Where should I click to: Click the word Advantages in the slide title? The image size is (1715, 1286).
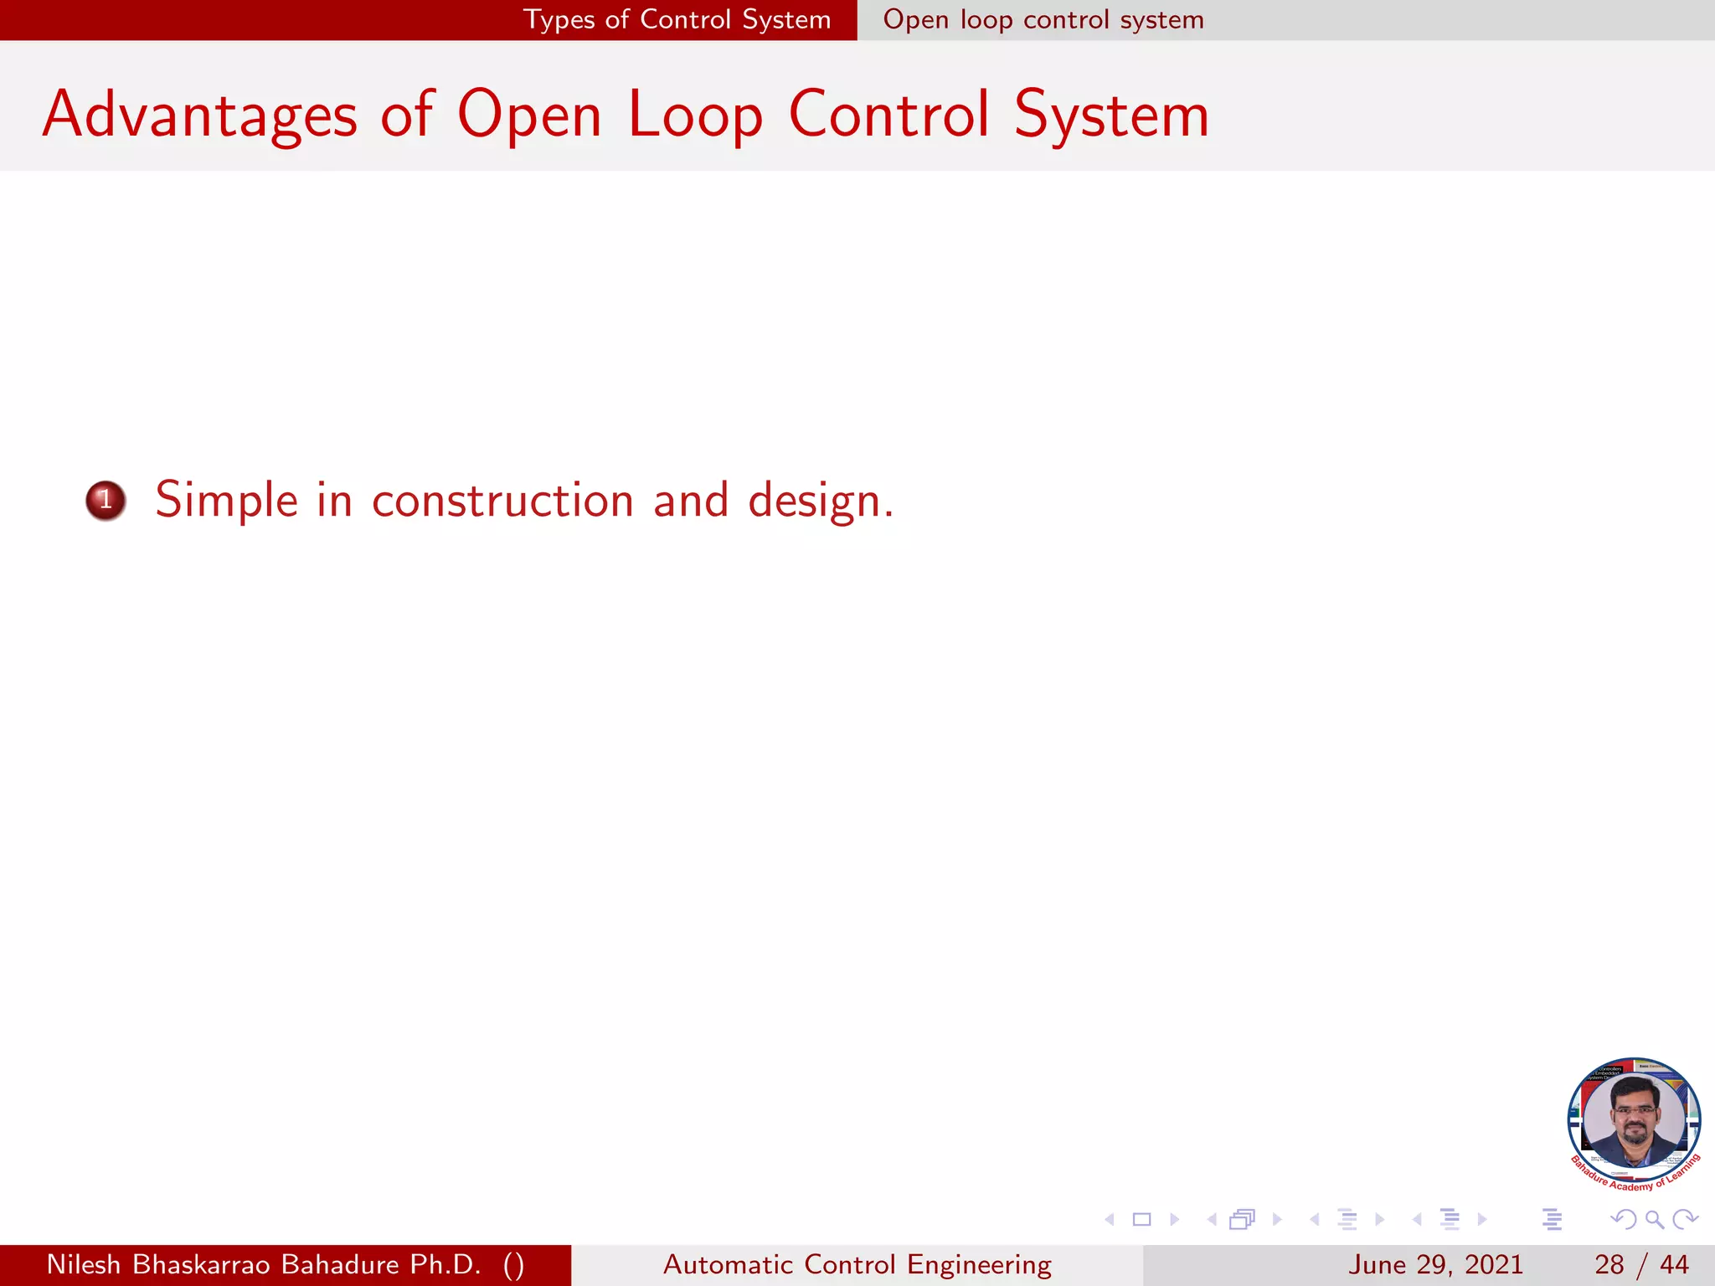point(200,115)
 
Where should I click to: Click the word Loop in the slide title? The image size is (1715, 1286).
point(695,115)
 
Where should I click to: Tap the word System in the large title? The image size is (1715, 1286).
point(1111,115)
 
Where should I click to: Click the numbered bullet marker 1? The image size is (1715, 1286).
point(106,501)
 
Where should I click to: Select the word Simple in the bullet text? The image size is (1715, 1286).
point(226,501)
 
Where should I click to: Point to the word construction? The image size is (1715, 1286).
point(502,501)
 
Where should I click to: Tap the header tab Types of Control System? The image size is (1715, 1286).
point(677,19)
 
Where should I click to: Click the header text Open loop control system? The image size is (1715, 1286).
point(1043,19)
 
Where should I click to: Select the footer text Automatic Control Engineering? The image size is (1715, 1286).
point(857,1264)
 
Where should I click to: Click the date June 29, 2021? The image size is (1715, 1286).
point(1434,1264)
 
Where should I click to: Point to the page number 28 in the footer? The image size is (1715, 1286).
point(1609,1264)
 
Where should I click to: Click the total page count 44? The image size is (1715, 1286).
point(1674,1264)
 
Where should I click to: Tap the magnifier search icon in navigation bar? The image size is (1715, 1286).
point(1654,1220)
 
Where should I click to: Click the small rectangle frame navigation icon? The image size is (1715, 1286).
point(1141,1220)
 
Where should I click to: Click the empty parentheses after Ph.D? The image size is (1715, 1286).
point(514,1264)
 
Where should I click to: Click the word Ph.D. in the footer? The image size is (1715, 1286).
point(445,1264)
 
